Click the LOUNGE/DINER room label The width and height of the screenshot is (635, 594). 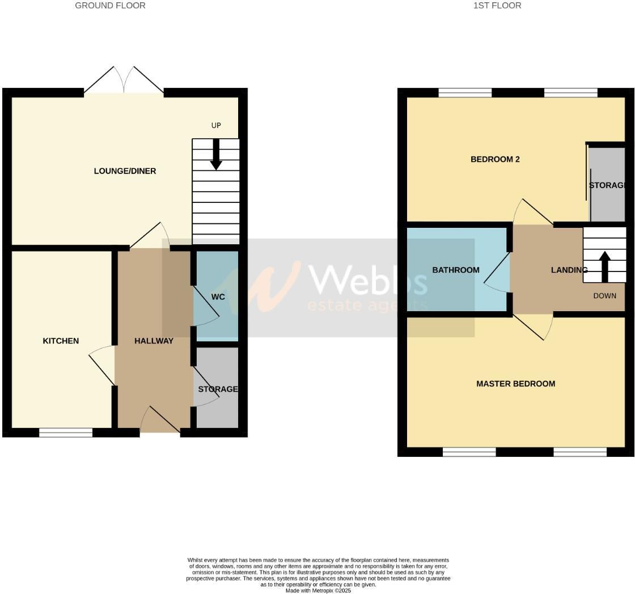click(125, 171)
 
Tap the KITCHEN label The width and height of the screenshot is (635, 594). click(61, 341)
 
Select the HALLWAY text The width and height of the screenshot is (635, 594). click(154, 341)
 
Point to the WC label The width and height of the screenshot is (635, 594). click(218, 297)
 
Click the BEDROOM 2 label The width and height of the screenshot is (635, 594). click(495, 159)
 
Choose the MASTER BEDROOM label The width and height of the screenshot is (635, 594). click(515, 384)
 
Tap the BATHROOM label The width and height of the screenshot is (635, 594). click(456, 270)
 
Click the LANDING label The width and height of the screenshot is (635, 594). click(569, 270)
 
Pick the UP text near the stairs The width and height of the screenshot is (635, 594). click(216, 125)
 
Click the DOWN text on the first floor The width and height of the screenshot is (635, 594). click(605, 296)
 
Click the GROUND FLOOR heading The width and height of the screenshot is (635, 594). click(110, 6)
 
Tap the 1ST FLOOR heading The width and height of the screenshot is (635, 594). click(497, 6)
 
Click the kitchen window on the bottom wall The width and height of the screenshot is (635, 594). click(66, 433)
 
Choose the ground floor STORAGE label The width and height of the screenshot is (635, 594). click(218, 389)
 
